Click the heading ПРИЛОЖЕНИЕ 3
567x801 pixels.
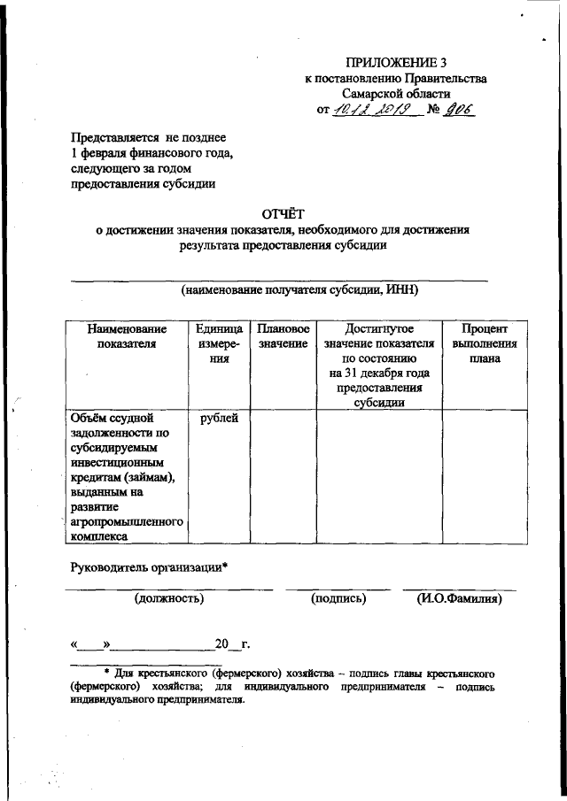tap(396, 62)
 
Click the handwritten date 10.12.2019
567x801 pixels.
tap(367, 109)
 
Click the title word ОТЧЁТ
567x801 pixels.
tap(283, 212)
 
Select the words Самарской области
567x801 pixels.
tap(396, 93)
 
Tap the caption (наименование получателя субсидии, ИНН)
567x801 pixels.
tap(299, 289)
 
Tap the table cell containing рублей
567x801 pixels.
tap(218, 417)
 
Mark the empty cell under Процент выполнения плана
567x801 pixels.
tap(484, 474)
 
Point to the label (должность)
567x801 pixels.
tap(169, 599)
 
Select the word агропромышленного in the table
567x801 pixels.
tap(125, 522)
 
